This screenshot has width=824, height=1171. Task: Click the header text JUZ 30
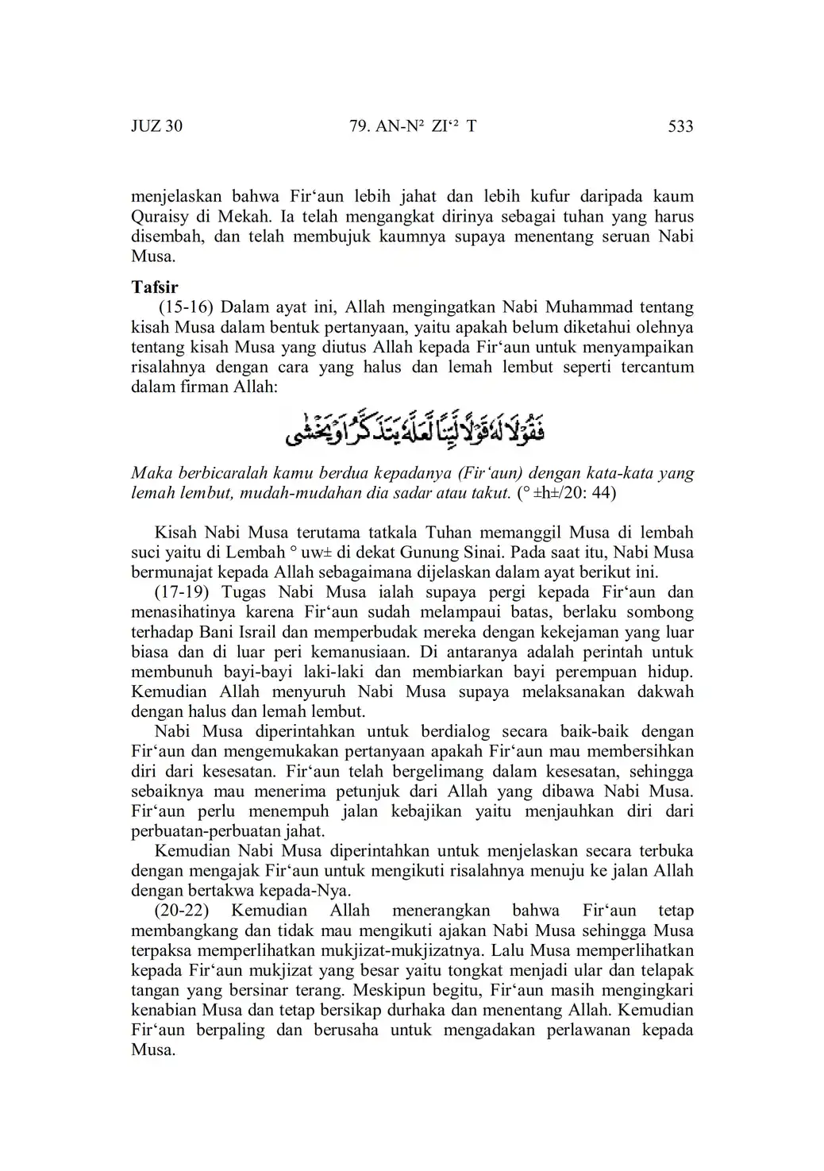(x=156, y=126)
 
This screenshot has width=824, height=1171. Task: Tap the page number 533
(x=681, y=126)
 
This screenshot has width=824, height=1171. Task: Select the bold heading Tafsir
(x=155, y=287)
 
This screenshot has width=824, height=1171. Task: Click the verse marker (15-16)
(x=187, y=307)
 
